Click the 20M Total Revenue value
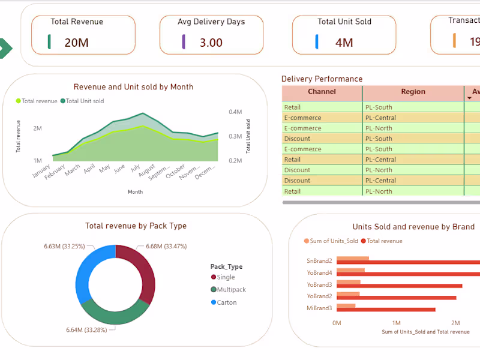tap(77, 43)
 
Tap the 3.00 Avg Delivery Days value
tap(211, 43)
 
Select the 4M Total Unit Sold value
tap(344, 43)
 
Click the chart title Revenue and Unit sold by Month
tap(133, 87)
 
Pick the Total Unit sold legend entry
tap(85, 101)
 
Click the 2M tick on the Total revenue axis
tap(37, 128)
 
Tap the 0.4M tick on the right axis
tap(235, 112)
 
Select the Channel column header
tap(322, 92)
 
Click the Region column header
tap(413, 92)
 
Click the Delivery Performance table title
tap(322, 79)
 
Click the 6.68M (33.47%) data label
tap(170, 246)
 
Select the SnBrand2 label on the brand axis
tap(319, 261)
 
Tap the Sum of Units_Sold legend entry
tap(331, 241)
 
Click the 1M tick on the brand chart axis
tap(396, 323)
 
